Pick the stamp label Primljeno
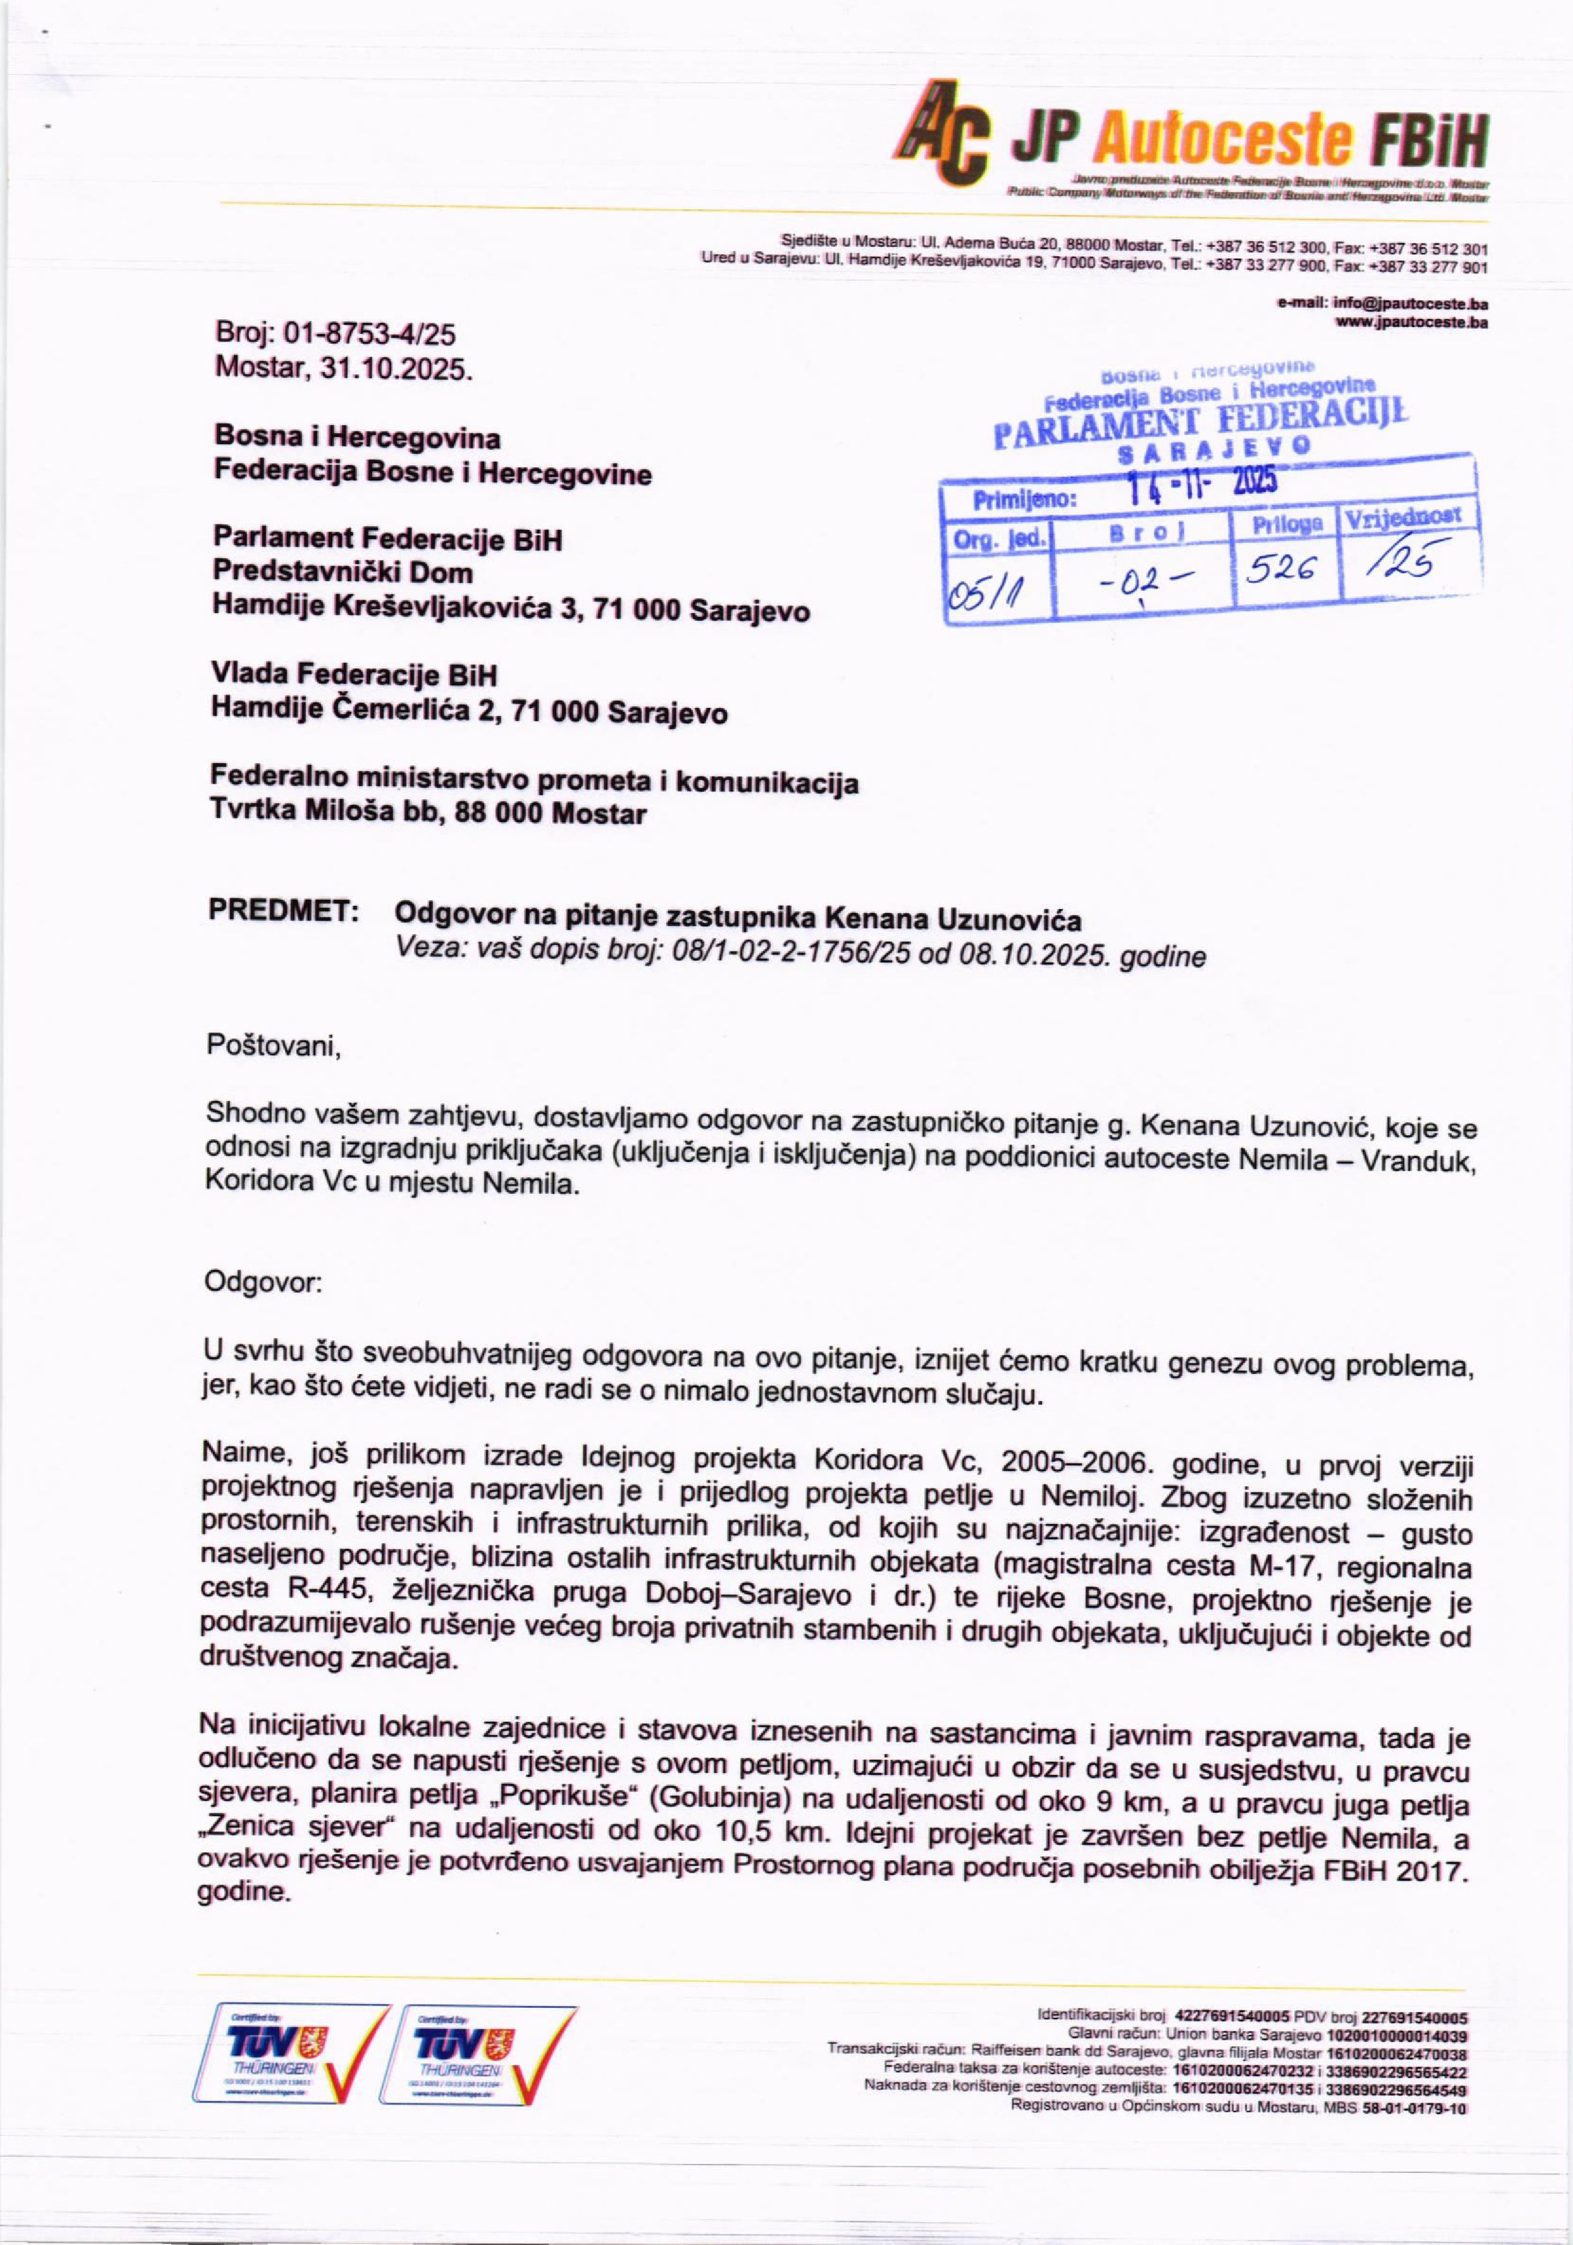(1023, 502)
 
